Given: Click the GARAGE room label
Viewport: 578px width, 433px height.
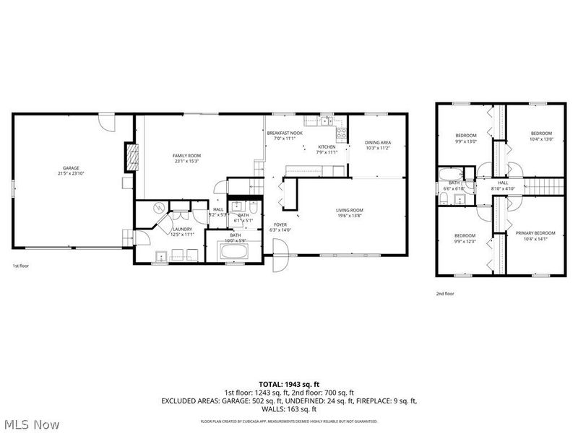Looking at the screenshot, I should pos(69,168).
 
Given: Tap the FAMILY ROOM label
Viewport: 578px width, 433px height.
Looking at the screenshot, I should pos(186,156).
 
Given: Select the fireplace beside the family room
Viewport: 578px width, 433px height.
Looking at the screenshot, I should pos(131,157).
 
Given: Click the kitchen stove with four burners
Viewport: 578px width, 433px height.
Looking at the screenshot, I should pos(342,134).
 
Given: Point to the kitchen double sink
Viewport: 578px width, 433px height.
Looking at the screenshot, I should pos(326,121).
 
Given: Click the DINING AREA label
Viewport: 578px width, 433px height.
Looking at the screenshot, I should pos(378,143).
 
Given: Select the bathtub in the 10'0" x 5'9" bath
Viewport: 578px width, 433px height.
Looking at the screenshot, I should pos(233,253).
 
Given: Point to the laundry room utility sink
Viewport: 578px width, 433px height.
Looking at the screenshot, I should pos(161,254).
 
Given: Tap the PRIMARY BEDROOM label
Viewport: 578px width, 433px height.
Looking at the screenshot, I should pos(535,233).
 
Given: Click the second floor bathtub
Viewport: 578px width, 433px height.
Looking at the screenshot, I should pos(452,173).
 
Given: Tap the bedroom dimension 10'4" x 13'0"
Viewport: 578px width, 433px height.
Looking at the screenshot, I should pos(541,139).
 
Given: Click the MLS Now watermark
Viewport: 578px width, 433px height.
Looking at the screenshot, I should pos(30,424).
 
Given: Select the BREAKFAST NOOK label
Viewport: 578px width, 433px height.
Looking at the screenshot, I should pos(285,134).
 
